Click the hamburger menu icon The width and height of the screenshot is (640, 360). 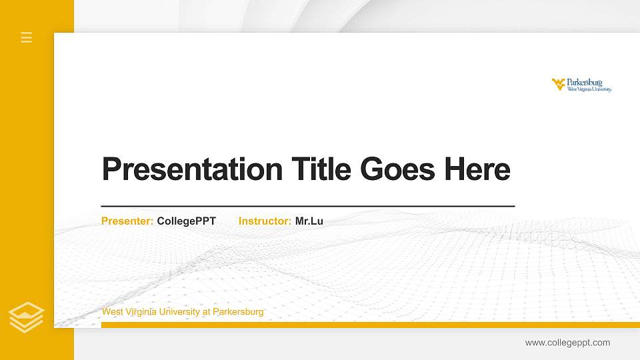coord(27,37)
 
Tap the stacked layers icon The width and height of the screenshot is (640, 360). coord(27,317)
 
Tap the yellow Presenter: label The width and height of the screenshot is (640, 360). coord(127,221)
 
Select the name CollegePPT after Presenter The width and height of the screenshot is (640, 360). coord(186,221)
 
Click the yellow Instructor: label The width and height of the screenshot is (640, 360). coord(265,221)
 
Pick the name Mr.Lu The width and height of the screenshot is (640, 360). coord(309,221)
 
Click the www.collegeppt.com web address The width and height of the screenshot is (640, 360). coord(567,343)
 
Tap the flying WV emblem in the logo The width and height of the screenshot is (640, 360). coord(558,83)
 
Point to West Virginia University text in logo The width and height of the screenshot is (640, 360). coord(589,89)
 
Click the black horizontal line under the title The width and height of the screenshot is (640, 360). coord(307,206)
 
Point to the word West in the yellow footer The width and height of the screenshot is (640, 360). coord(111,312)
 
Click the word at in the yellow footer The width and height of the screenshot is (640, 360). coord(206,312)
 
